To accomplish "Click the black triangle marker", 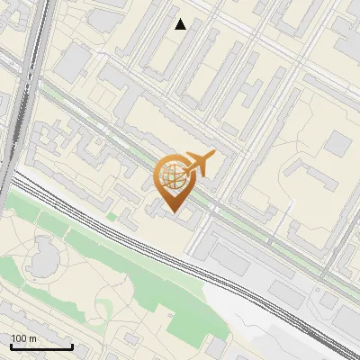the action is tap(181, 24).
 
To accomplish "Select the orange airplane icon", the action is tap(200, 163).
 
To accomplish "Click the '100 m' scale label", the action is tap(23, 338).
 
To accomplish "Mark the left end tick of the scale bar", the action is tap(10, 346).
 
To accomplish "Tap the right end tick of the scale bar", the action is tap(72, 346).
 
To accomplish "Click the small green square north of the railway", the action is tap(112, 217).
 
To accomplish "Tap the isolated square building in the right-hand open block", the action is tap(337, 142).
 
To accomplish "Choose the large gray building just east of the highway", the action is tap(76, 59).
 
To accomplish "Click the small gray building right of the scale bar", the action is tap(129, 337).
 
